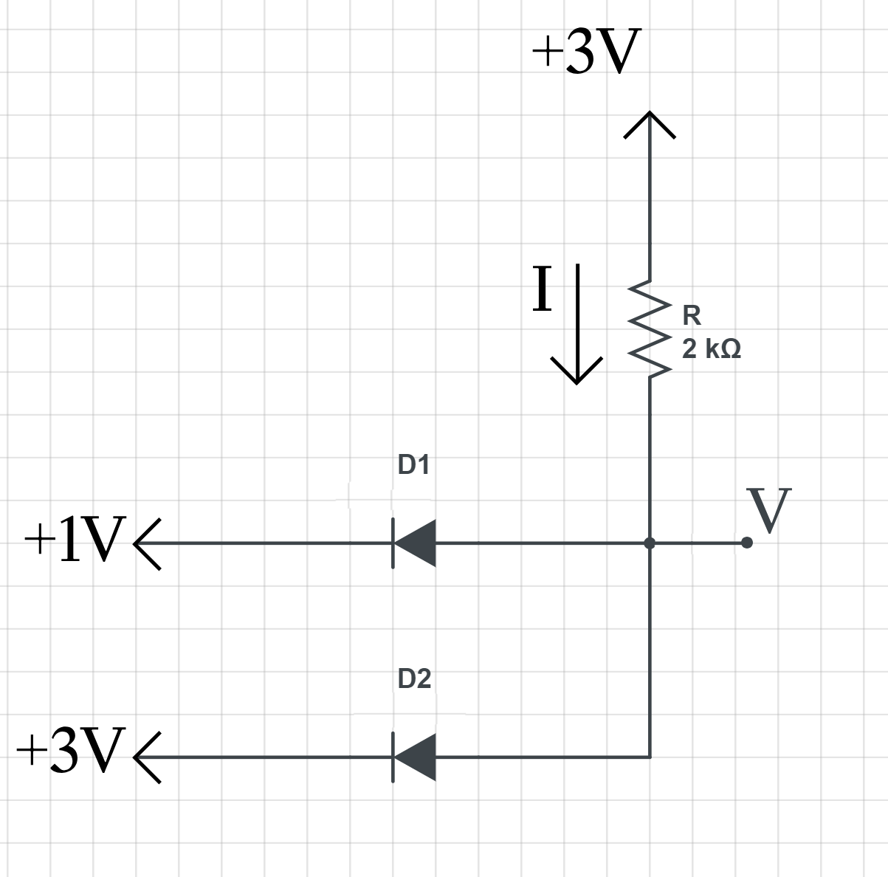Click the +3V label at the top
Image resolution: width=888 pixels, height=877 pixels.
click(x=583, y=53)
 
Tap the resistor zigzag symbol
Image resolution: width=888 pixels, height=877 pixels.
click(x=650, y=329)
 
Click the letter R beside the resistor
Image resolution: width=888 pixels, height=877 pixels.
click(x=692, y=315)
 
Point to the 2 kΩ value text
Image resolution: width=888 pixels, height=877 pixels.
click(x=711, y=348)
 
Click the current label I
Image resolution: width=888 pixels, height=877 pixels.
click(x=543, y=289)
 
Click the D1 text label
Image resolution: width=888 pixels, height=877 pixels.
click(x=413, y=465)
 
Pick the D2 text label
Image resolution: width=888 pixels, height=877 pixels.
click(x=413, y=678)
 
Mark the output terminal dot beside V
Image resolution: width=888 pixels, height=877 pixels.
click(x=747, y=543)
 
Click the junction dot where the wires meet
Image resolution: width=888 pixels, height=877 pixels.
click(x=650, y=543)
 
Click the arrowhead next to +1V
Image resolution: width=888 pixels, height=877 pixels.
click(x=145, y=543)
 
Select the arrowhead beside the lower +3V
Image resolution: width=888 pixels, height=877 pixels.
click(x=145, y=757)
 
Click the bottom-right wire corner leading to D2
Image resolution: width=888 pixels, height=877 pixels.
click(x=650, y=757)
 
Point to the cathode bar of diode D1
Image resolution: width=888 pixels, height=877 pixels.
click(x=393, y=543)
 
